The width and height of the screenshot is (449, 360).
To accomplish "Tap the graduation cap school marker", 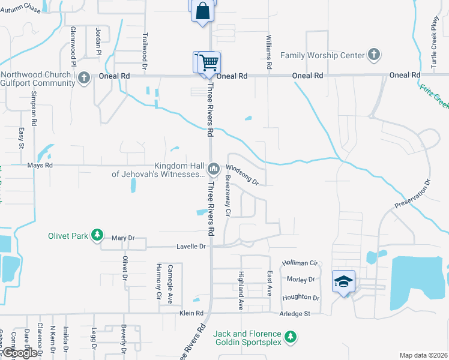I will click(343, 281).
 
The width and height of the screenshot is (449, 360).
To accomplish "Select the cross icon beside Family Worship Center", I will click(373, 55).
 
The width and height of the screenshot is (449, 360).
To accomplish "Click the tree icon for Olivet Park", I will click(97, 236).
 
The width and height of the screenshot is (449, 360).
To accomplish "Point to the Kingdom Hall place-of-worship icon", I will click(213, 170).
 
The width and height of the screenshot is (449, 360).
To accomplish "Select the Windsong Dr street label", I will click(243, 175).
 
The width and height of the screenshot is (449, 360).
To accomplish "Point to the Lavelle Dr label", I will click(191, 247).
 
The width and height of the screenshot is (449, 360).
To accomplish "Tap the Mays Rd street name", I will click(40, 165).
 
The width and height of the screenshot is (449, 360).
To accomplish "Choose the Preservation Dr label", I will click(413, 194).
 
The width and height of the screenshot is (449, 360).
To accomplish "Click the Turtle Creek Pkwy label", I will click(434, 37).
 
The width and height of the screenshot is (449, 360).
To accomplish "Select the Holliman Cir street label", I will click(300, 263).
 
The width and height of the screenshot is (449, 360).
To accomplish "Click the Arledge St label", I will click(294, 313).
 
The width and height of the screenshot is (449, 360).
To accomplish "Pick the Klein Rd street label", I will click(191, 313).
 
